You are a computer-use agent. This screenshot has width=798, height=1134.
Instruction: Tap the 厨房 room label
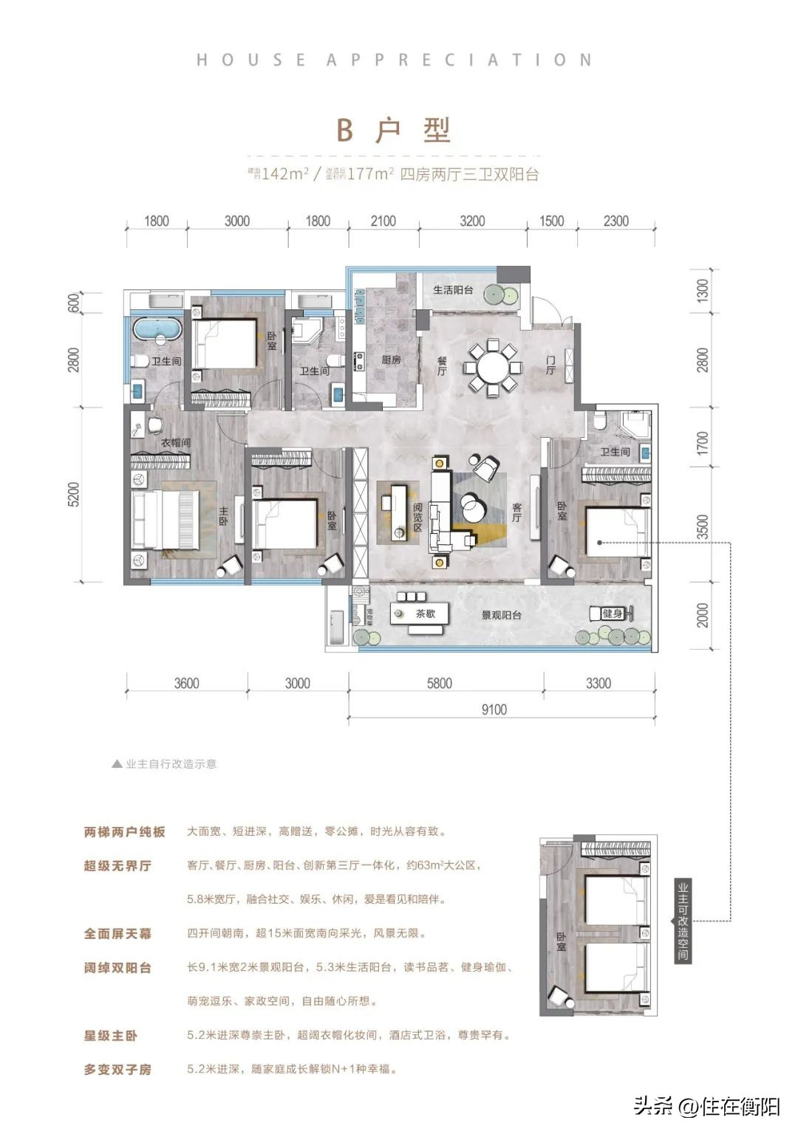pos(391,360)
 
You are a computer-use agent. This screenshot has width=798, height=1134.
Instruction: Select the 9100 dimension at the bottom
pos(494,709)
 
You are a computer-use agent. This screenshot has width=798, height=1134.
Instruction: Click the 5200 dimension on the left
pos(72,494)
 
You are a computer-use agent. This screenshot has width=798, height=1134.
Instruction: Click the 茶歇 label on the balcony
pos(426,614)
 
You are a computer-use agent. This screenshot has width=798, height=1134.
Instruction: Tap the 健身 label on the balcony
pos(613,614)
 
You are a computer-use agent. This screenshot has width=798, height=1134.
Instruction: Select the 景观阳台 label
pos(502,614)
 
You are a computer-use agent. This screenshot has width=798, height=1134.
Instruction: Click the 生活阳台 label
pos(453,290)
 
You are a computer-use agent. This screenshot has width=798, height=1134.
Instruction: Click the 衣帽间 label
pos(176,443)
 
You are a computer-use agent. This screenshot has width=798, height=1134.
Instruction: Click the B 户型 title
pos(393,131)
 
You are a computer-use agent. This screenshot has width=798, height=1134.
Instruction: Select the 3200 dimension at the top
pos(472,221)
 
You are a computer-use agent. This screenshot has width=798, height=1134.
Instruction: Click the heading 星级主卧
pos(111,1035)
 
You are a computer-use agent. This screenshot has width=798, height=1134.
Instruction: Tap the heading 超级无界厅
pos(117,865)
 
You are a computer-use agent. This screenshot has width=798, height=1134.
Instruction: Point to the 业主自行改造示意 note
pos(171,764)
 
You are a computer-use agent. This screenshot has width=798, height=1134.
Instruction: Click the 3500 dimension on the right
pos(702,528)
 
